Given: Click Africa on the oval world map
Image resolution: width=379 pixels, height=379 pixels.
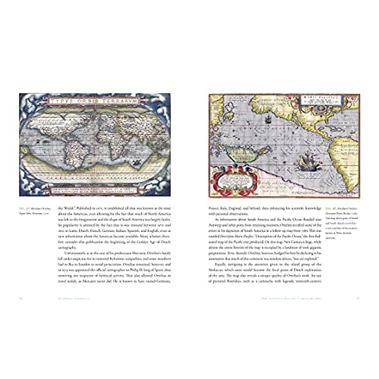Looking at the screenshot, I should coord(106,139).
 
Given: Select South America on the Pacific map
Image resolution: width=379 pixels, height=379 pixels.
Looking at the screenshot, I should coord(346,158).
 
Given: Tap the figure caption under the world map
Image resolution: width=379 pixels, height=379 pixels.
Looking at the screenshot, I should coord(33,210).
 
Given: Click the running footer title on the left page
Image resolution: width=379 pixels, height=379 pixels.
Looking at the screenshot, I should coord(69,298).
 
